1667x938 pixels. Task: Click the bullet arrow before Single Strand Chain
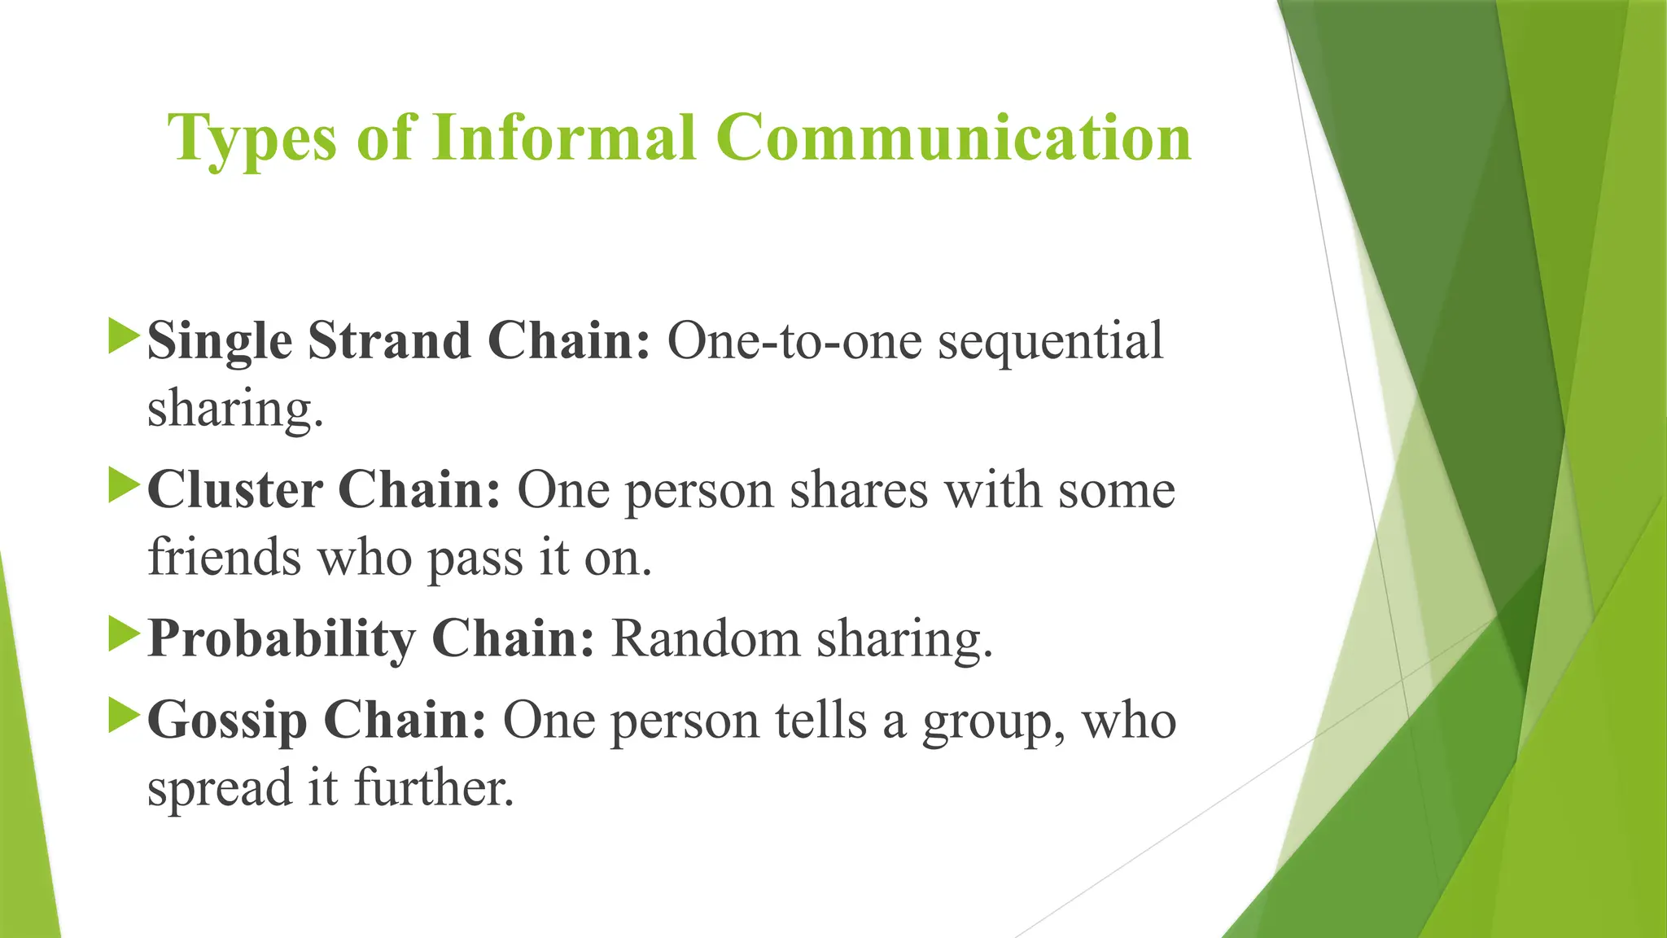point(124,337)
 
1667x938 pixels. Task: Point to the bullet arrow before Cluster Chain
point(124,486)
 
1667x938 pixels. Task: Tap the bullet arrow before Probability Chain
point(124,635)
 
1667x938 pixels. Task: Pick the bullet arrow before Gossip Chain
point(124,717)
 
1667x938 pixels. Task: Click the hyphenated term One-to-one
point(794,340)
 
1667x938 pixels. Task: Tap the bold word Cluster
point(235,489)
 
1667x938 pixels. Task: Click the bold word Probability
point(282,639)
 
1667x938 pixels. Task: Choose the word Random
point(706,638)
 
